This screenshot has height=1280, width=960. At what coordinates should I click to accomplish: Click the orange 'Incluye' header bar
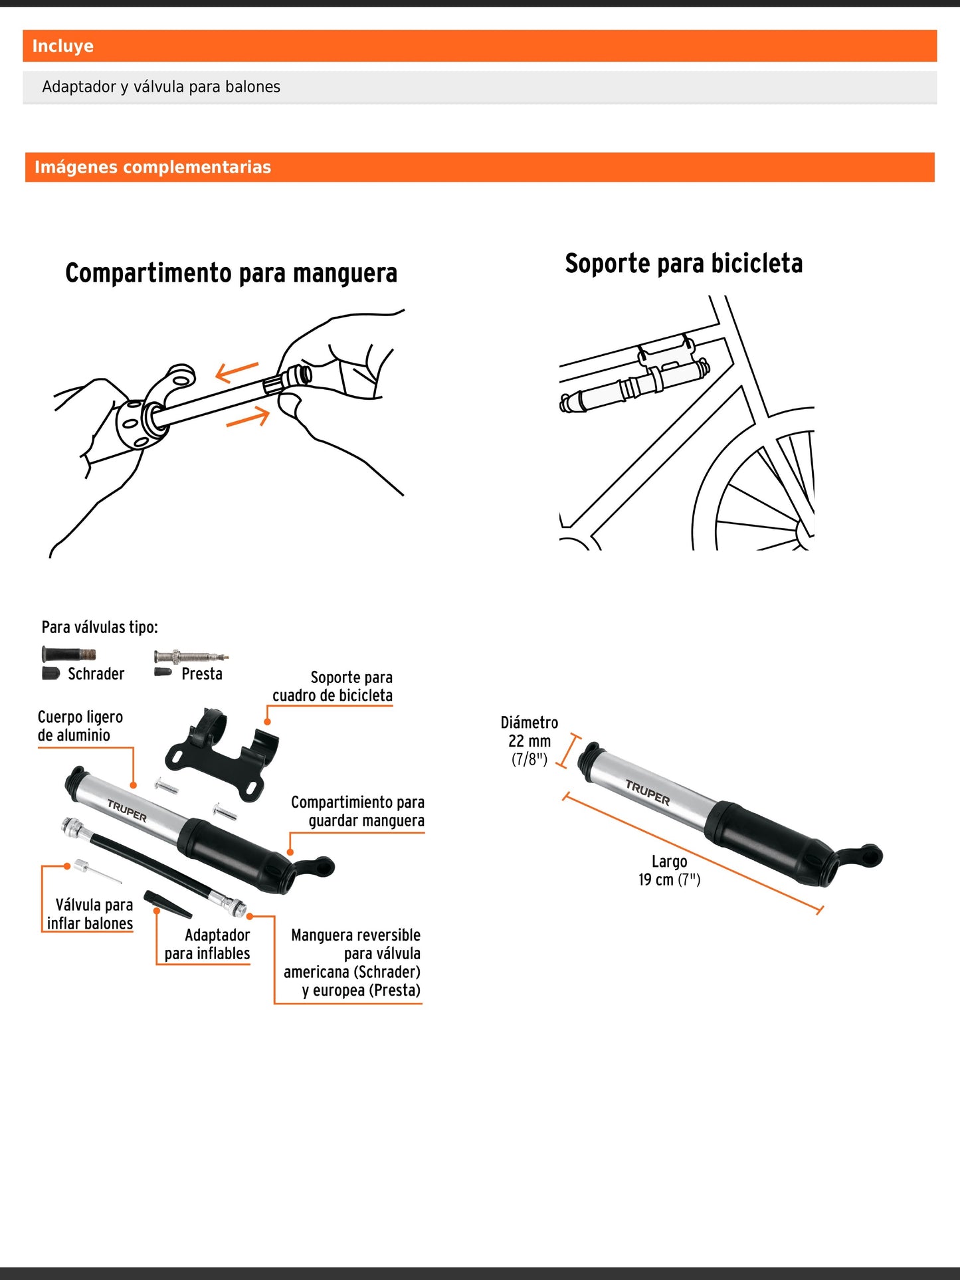[x=479, y=46]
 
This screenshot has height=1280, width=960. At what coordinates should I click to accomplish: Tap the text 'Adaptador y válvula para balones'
[x=161, y=87]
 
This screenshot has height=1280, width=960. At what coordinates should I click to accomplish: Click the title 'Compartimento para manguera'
[x=231, y=273]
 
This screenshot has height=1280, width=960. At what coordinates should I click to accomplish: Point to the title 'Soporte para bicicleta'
[x=684, y=264]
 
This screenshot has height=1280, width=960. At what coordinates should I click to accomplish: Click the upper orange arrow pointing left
[x=237, y=371]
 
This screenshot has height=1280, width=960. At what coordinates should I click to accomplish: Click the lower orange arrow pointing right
[x=248, y=418]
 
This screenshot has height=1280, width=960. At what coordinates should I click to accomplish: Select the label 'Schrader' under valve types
[x=96, y=674]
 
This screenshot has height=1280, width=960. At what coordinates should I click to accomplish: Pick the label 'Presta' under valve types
[x=201, y=674]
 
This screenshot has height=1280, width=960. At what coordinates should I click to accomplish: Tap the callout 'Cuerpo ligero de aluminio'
[x=80, y=726]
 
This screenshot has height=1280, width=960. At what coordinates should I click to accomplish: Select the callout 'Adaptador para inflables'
[x=207, y=945]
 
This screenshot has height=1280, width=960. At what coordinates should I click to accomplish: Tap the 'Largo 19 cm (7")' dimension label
[x=669, y=871]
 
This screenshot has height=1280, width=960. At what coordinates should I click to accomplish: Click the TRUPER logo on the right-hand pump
[x=648, y=793]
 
